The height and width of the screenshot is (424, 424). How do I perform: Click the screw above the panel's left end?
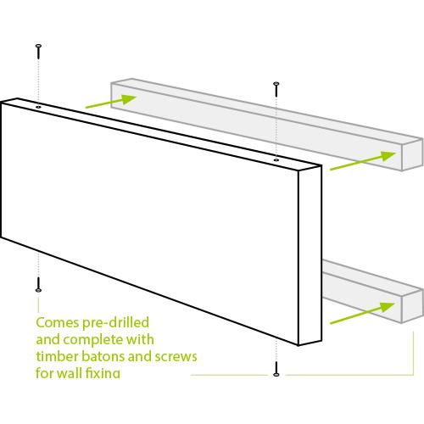tap(39, 52)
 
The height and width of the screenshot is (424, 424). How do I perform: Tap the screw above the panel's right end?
tap(276, 89)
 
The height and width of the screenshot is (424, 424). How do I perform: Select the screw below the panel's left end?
tap(39, 285)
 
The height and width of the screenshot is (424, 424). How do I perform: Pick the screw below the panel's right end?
tap(276, 369)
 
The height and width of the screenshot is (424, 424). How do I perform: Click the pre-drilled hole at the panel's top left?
tap(38, 107)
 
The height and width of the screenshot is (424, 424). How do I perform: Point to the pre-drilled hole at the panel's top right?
tap(276, 160)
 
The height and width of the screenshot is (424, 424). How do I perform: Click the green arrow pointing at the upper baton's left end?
tap(111, 101)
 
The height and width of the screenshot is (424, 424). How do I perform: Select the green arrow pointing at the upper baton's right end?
tap(363, 161)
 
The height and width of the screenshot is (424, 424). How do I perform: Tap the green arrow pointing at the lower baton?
tap(362, 313)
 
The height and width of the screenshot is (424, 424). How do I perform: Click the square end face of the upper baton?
tap(412, 155)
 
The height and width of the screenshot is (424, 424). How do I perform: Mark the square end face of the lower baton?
tap(412, 307)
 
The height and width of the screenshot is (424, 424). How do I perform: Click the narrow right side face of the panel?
tap(310, 255)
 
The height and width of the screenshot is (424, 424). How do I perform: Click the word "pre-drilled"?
tap(115, 323)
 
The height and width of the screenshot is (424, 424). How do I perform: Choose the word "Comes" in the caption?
tap(57, 323)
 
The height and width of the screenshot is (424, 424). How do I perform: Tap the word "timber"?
tap(58, 356)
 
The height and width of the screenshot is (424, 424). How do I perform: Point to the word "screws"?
tap(176, 357)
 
